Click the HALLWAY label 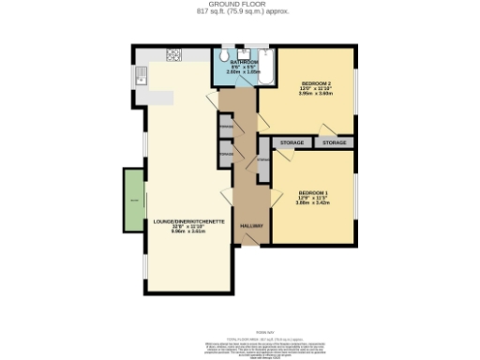pyautogui.click(x=249, y=226)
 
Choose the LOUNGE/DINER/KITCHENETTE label pyautogui.click(x=188, y=221)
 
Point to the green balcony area pyautogui.click(x=133, y=200)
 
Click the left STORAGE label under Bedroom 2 pyautogui.click(x=292, y=142)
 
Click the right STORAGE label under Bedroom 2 pyautogui.click(x=335, y=142)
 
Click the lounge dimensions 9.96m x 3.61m pyautogui.click(x=188, y=232)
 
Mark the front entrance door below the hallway pyautogui.click(x=249, y=246)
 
